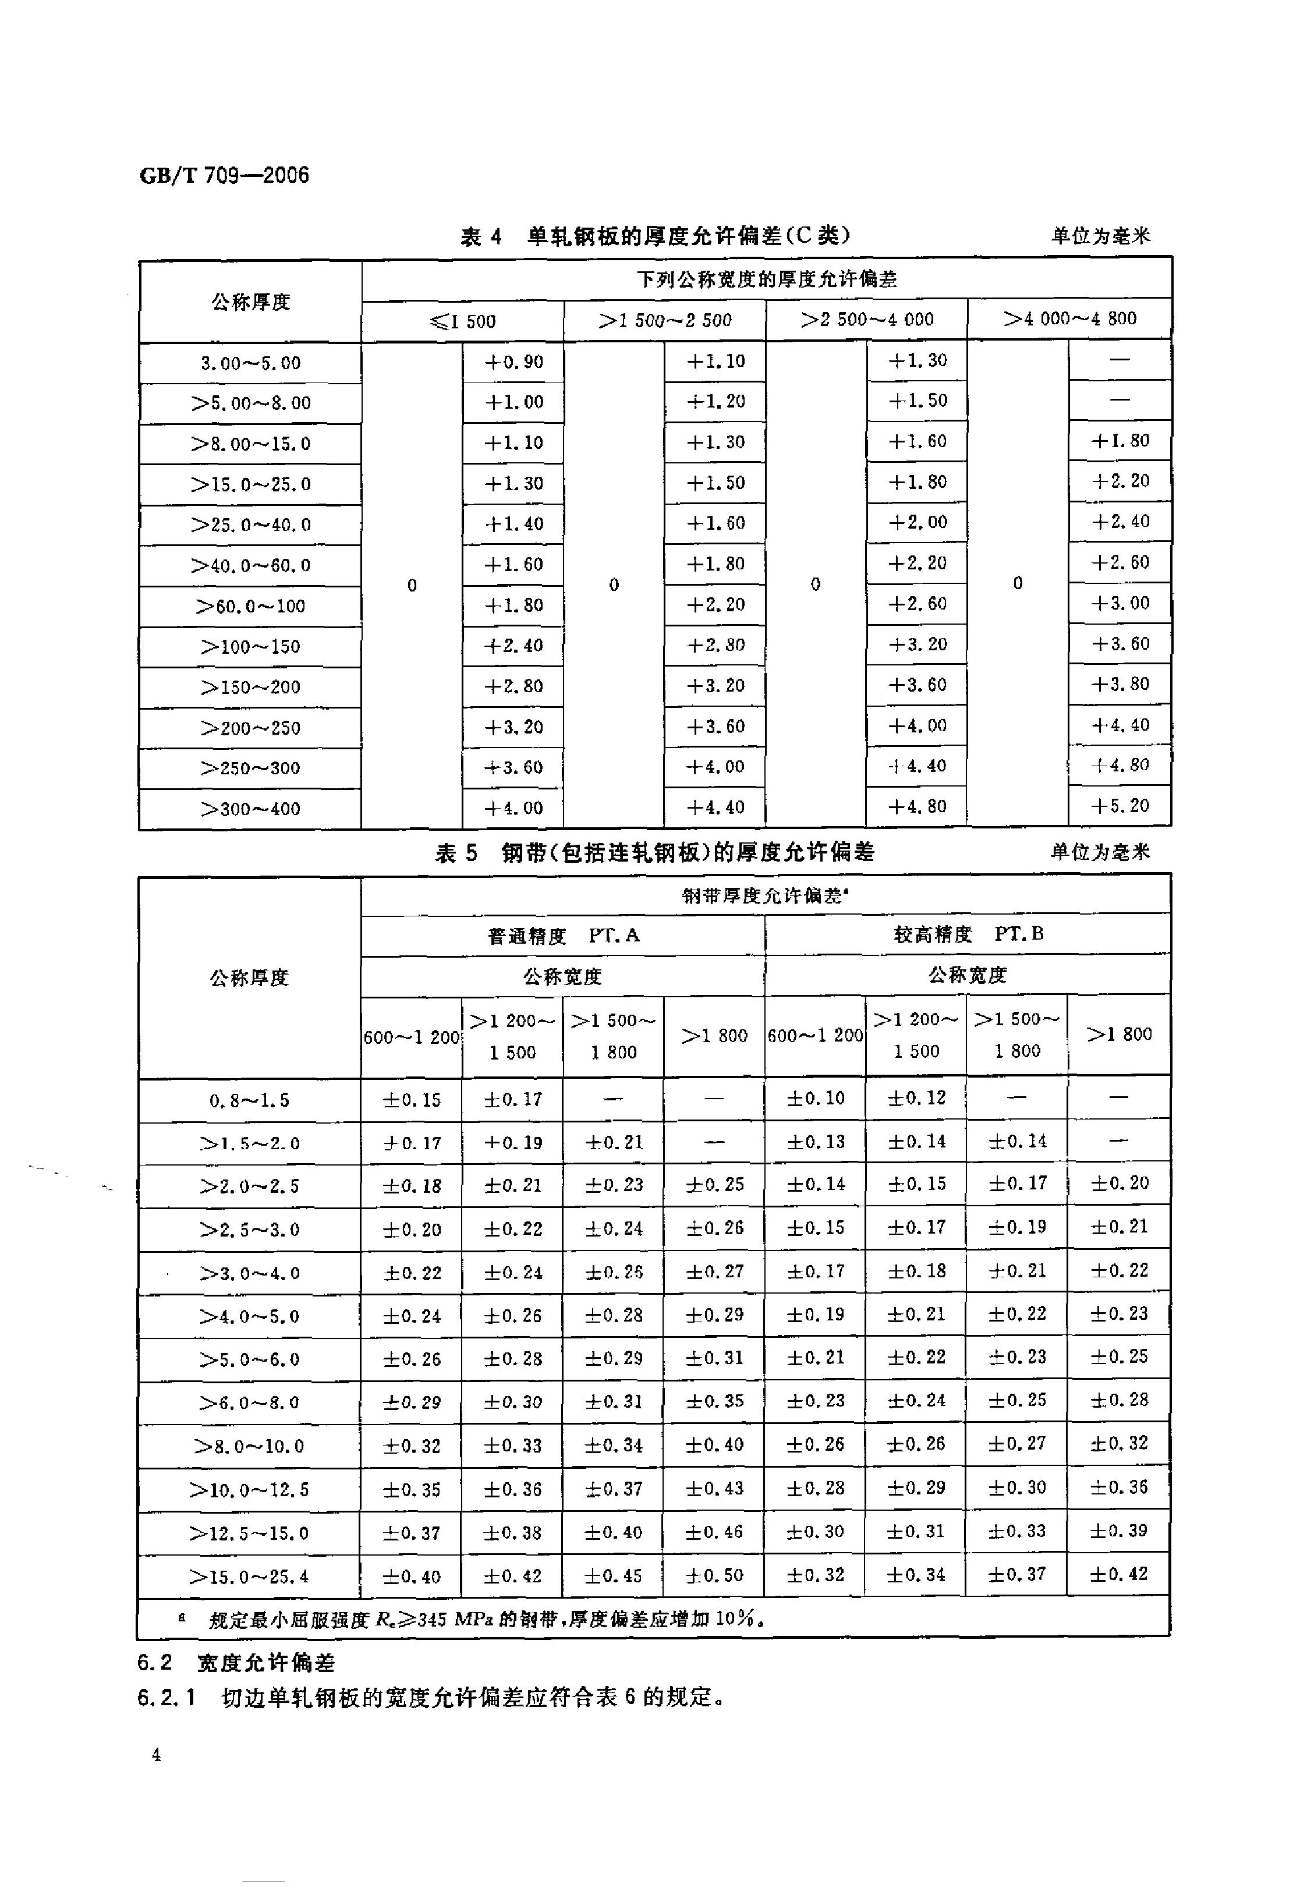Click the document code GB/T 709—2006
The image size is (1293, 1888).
click(x=224, y=175)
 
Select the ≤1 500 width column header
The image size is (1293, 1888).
click(x=463, y=321)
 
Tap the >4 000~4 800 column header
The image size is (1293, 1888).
click(x=1069, y=318)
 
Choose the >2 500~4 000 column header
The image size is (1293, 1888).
click(x=867, y=319)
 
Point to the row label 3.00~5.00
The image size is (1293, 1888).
click(x=250, y=363)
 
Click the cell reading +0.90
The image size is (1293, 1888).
click(x=513, y=362)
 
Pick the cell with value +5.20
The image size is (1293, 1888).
click(x=1120, y=806)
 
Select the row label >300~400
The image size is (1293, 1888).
click(x=250, y=809)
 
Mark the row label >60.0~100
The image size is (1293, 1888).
click(x=250, y=606)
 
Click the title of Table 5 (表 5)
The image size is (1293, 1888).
click(x=654, y=852)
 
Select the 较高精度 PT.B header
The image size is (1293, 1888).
click(x=968, y=934)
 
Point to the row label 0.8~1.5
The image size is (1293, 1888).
click(x=249, y=1101)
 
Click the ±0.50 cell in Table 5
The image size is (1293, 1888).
click(x=714, y=1575)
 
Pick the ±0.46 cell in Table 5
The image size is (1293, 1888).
click(x=714, y=1532)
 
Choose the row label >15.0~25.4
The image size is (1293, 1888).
click(x=249, y=1577)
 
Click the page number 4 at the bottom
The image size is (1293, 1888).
click(x=156, y=1755)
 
